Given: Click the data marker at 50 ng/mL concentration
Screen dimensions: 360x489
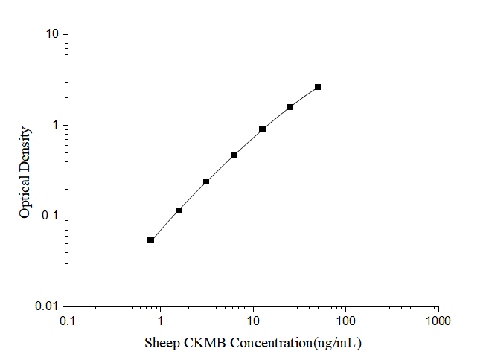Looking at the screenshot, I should pyautogui.click(x=318, y=87).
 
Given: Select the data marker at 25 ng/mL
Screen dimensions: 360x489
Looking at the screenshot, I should pyautogui.click(x=290, y=107).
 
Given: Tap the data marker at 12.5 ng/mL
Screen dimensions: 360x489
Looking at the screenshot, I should pyautogui.click(x=263, y=129).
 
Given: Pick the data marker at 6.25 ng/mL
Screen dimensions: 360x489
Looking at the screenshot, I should pyautogui.click(x=234, y=155).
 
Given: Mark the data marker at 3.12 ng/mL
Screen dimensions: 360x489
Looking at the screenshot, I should pyautogui.click(x=206, y=181).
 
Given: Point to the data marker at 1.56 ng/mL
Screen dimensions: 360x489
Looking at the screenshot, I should pyautogui.click(x=179, y=210).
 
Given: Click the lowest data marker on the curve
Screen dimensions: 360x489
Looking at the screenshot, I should pyautogui.click(x=151, y=240).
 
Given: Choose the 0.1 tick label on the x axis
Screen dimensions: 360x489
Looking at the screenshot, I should pyautogui.click(x=68, y=321).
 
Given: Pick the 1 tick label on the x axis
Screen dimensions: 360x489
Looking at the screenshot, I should pyautogui.click(x=160, y=321).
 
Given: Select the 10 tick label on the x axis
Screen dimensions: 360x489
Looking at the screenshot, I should pyautogui.click(x=253, y=321).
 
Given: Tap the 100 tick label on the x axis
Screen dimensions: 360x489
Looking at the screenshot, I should pyautogui.click(x=345, y=321).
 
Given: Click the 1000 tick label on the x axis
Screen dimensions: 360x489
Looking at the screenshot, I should pyautogui.click(x=438, y=321).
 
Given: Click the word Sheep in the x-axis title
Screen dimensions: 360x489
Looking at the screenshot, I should pyautogui.click(x=160, y=343).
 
